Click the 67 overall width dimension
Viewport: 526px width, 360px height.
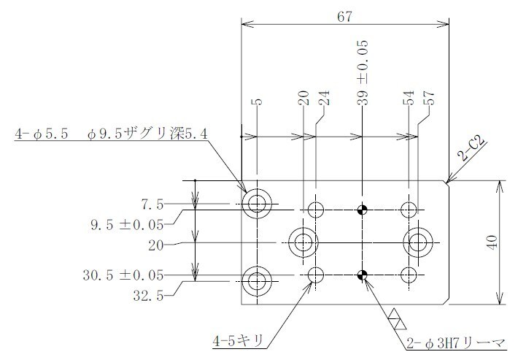point(344,17)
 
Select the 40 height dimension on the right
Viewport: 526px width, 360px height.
point(492,242)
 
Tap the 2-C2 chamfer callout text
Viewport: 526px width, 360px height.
point(472,149)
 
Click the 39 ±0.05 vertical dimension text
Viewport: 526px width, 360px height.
point(363,72)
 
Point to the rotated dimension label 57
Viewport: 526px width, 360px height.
point(429,98)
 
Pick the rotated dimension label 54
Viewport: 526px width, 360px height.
point(409,98)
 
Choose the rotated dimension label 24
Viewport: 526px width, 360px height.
point(324,98)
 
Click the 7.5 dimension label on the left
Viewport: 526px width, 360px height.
point(152,204)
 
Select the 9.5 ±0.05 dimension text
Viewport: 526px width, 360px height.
point(127,225)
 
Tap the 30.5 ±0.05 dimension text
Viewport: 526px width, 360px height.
point(123,275)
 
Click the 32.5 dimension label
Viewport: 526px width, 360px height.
point(148,296)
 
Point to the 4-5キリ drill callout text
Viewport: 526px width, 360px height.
point(238,342)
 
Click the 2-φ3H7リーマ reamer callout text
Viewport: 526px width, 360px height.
point(455,343)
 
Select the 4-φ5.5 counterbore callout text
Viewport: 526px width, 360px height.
point(111,134)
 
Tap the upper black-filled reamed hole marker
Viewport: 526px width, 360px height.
point(362,210)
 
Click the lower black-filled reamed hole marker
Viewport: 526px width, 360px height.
point(362,275)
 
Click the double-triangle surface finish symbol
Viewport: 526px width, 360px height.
point(397,319)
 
